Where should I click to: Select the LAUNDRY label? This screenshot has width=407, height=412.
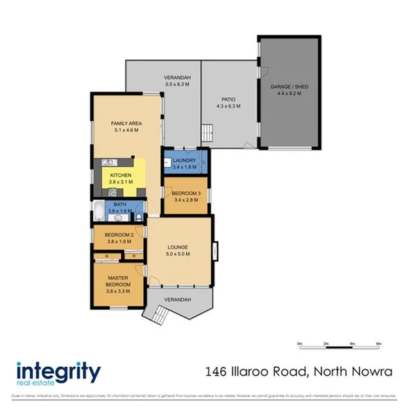coord(185,160)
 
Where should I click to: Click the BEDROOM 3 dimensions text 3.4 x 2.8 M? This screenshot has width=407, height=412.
coord(185,199)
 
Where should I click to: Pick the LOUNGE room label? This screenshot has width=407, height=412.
coord(178,247)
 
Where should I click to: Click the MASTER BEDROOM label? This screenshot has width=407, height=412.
coord(118,281)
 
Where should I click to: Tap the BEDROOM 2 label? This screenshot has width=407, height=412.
coord(119,236)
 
